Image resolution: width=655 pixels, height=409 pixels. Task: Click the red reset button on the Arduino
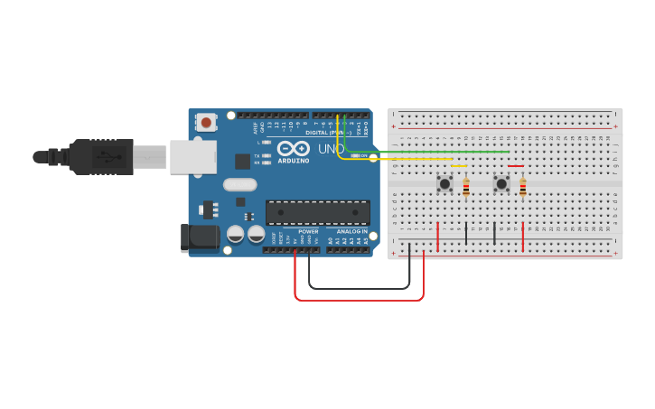point(207,121)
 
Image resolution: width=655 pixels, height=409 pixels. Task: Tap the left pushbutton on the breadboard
point(444,183)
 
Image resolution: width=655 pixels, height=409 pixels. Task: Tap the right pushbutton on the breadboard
point(501,183)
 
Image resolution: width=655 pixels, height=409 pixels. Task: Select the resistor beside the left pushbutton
point(466,188)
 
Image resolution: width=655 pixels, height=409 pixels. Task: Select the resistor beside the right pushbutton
point(522,188)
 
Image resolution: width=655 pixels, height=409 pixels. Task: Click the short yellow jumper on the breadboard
point(459,166)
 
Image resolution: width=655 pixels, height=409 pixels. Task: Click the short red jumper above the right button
point(515,166)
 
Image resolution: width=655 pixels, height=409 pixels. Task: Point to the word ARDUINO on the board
point(294,161)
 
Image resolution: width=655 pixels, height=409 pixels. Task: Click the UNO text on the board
point(331,149)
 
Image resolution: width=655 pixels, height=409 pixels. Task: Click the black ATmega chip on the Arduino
point(317,212)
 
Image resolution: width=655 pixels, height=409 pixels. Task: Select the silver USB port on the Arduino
point(192,155)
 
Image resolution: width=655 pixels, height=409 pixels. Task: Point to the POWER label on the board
point(308,231)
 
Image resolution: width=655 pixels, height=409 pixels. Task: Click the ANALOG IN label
point(351,231)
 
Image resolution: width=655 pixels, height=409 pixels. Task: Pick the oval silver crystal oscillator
point(240,184)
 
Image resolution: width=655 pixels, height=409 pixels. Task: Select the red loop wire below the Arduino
point(361,299)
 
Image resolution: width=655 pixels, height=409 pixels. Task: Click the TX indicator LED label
point(257,155)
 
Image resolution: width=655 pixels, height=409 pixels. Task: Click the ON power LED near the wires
point(360,155)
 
